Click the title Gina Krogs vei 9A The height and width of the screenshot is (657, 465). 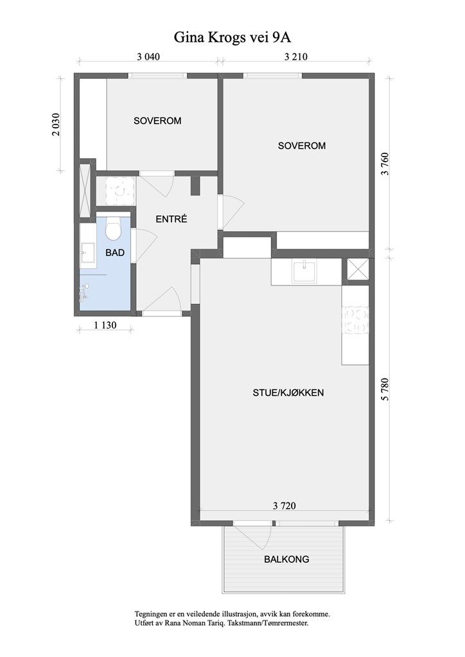[232, 38]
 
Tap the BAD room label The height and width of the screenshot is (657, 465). [115, 253]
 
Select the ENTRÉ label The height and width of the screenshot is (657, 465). [171, 219]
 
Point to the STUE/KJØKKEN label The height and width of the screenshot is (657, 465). [288, 393]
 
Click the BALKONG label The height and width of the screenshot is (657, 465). [286, 559]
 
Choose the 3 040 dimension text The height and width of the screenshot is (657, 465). [148, 56]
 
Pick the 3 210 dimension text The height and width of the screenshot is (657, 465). [295, 56]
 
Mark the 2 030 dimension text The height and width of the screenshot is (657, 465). [56, 124]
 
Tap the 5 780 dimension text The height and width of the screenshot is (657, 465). [385, 389]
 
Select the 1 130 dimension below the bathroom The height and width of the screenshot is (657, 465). [105, 325]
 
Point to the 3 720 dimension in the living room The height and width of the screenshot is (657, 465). [285, 506]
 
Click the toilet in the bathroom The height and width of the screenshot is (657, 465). [113, 229]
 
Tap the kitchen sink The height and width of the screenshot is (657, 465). [305, 271]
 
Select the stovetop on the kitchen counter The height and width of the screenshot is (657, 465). [356, 320]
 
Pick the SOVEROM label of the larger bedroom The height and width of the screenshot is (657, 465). [301, 146]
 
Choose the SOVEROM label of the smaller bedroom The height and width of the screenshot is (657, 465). [157, 121]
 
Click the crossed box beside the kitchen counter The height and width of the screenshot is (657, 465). [358, 271]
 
